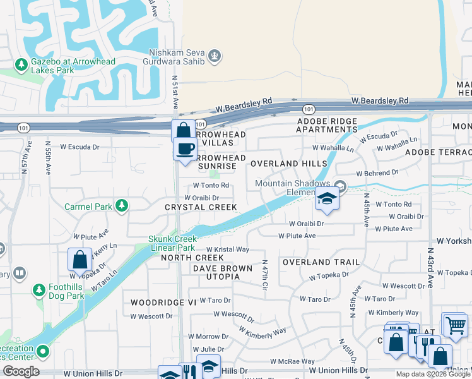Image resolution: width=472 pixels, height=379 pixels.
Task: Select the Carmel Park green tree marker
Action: click(x=122, y=205)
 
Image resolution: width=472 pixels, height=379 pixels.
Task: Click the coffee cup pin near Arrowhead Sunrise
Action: click(x=185, y=149)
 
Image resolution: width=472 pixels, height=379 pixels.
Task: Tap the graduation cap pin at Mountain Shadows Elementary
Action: click(x=327, y=199)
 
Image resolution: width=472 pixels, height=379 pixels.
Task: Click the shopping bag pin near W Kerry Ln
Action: click(x=80, y=259)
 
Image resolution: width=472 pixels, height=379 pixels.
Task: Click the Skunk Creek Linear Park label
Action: click(x=172, y=243)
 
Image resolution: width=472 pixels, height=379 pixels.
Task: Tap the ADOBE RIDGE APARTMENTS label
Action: click(x=327, y=125)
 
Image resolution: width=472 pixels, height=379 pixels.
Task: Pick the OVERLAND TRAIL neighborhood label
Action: click(x=316, y=262)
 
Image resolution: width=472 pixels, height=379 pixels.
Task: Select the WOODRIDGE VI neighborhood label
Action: click(x=163, y=303)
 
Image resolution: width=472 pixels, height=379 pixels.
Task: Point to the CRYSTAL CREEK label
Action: click(x=201, y=207)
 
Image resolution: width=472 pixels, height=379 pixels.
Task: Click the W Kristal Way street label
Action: click(x=227, y=250)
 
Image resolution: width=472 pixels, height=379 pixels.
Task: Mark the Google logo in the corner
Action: click(x=21, y=371)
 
